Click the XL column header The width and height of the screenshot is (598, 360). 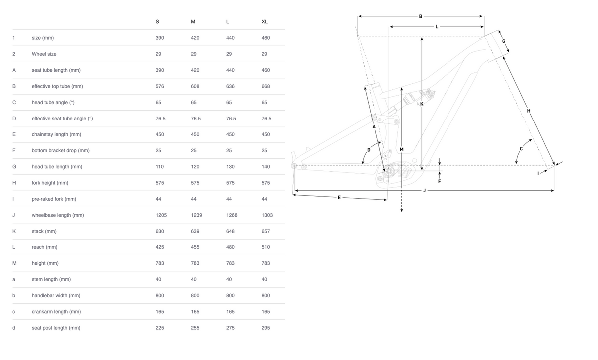(x=265, y=22)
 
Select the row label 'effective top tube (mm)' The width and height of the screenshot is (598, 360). (x=57, y=86)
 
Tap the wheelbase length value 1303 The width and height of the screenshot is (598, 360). (x=267, y=215)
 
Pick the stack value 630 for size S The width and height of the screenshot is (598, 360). (x=160, y=231)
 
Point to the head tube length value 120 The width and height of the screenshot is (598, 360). (x=195, y=167)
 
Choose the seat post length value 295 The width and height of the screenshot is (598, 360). (x=266, y=328)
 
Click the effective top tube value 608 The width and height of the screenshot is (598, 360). (x=195, y=86)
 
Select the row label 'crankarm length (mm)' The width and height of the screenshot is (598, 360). (x=56, y=312)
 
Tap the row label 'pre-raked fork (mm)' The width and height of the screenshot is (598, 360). (x=54, y=199)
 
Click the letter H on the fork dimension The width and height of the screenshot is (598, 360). (x=529, y=111)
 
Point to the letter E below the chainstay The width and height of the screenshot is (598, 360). (x=339, y=198)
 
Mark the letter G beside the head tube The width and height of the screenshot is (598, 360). (x=504, y=41)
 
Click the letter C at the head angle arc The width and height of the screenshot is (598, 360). (x=521, y=149)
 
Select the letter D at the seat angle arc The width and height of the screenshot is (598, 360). (x=369, y=150)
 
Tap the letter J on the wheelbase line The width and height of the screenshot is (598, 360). (x=424, y=190)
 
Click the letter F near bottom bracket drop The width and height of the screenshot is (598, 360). (x=439, y=181)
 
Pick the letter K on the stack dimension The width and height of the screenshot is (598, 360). (x=421, y=104)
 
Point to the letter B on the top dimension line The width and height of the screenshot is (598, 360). (x=421, y=16)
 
